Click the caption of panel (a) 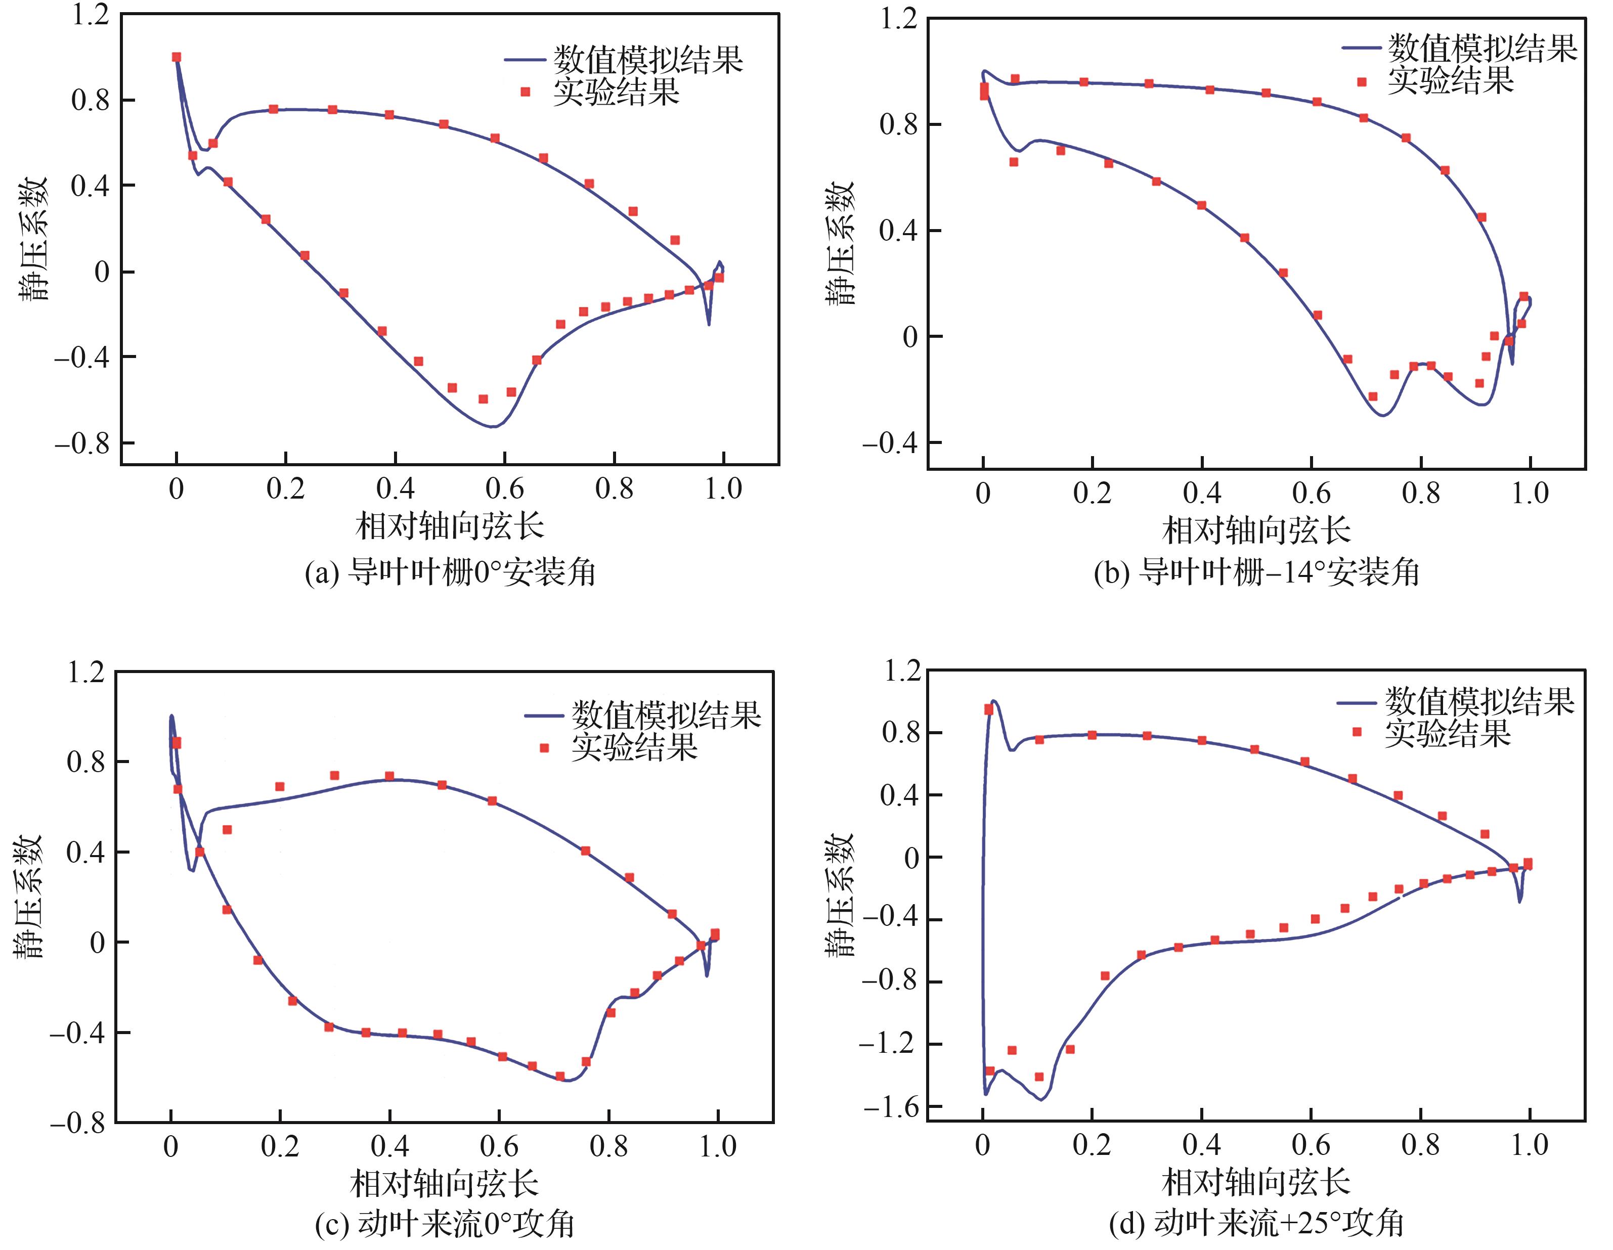tap(450, 573)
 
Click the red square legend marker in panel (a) tap(525, 92)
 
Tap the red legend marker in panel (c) tap(544, 748)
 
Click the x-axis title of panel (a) tap(449, 526)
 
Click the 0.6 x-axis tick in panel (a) tap(504, 489)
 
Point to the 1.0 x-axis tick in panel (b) tap(1530, 493)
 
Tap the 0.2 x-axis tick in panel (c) tap(280, 1146)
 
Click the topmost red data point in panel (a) tap(176, 57)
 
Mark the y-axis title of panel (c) tap(28, 897)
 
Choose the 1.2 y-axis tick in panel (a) tap(90, 15)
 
